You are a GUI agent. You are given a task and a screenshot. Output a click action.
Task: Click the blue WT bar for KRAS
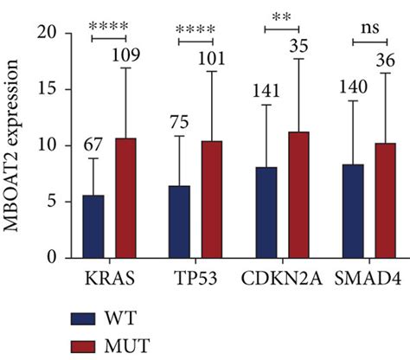point(93,227)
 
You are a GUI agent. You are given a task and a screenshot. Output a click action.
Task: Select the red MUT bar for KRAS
point(125,198)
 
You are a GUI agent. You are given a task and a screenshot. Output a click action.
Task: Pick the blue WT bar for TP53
point(179,222)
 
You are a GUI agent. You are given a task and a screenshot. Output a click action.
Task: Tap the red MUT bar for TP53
point(210,199)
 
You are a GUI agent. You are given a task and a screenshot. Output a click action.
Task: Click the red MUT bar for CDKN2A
point(298,195)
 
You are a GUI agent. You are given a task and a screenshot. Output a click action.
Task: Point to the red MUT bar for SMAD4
point(384,201)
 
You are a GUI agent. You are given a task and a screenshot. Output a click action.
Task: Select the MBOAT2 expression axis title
point(15,145)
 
